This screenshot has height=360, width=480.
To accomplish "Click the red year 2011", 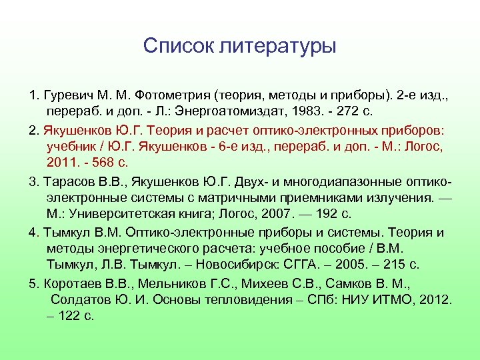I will point(61,162).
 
